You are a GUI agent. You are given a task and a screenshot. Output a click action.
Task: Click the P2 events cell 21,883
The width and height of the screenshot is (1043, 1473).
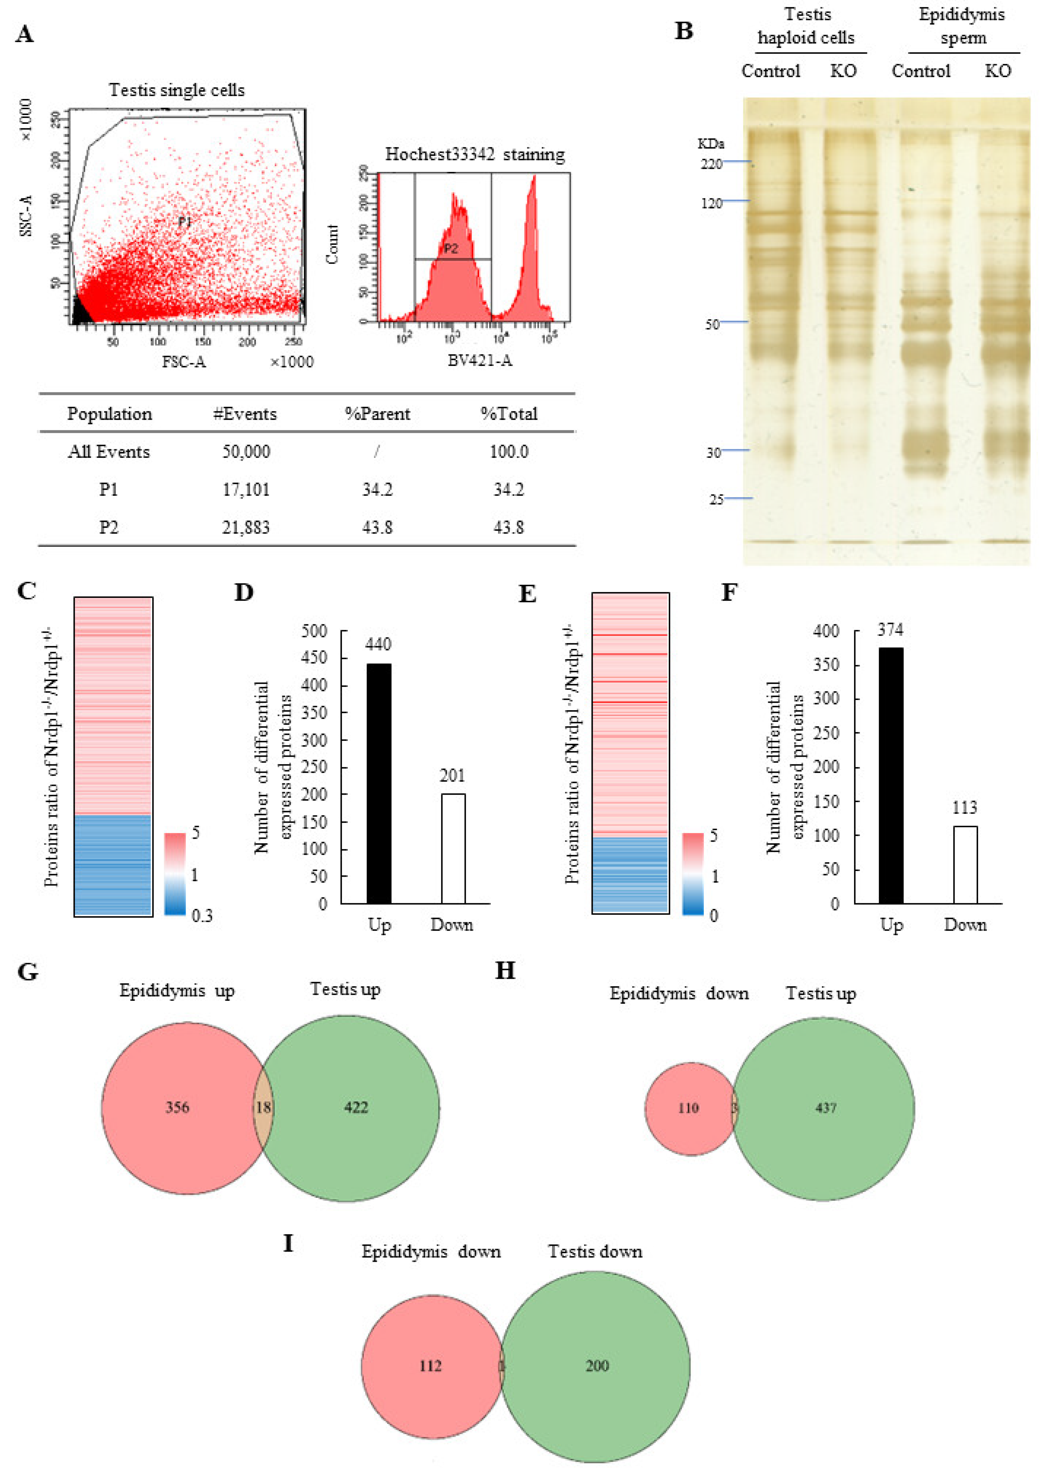tap(246, 528)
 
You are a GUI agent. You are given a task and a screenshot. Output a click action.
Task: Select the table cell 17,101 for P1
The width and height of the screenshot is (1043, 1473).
tap(246, 490)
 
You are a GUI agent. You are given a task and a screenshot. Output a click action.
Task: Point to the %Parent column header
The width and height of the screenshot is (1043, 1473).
tap(377, 414)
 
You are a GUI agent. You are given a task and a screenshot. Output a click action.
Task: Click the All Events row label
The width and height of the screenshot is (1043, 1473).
tap(108, 452)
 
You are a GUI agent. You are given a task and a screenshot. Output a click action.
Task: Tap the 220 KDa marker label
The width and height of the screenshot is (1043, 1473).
tap(711, 164)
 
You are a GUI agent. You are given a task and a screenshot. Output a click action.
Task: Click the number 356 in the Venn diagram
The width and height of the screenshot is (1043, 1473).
tap(177, 1107)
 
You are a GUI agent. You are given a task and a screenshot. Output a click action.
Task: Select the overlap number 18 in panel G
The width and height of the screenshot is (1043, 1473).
tap(263, 1107)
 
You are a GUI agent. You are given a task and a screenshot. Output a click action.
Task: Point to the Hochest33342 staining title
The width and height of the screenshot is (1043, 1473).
tap(475, 155)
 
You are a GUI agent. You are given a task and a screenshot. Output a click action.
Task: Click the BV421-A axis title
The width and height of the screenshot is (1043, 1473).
tap(480, 361)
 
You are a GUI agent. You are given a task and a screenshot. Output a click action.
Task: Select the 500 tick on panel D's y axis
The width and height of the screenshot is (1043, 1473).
tap(314, 631)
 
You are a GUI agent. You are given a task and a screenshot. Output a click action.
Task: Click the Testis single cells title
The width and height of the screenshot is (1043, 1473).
tap(177, 91)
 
